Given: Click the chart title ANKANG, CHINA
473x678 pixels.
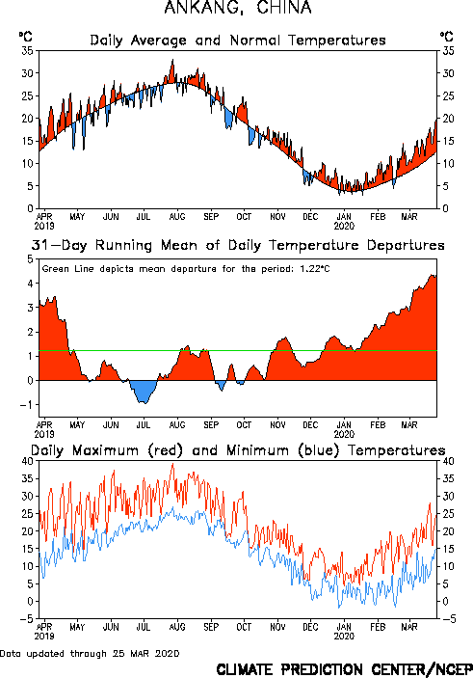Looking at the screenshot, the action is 238,8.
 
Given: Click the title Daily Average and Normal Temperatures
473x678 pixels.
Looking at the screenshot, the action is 238,41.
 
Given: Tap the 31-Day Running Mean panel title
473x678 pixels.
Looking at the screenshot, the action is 238,245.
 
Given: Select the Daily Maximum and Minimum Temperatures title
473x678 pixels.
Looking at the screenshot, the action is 238,450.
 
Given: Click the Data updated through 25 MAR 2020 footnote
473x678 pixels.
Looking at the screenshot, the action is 90,653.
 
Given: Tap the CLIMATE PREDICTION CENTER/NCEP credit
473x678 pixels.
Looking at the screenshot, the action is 344,669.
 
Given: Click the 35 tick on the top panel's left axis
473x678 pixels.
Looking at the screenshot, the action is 27,51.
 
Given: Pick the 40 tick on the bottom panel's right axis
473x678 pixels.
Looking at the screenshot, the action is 448,461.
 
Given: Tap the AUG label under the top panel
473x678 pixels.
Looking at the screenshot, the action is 176,217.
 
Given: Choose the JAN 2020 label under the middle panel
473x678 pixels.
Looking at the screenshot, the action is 344,430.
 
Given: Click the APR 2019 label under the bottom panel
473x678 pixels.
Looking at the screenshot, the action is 44,632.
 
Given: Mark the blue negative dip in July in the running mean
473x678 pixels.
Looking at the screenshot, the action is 143,392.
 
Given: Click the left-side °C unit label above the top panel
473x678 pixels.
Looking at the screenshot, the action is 25,37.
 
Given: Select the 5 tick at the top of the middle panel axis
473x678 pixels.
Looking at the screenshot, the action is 30,259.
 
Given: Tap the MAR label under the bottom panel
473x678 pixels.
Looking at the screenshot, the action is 409,627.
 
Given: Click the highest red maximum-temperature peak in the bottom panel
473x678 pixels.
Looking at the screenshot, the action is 172,465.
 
